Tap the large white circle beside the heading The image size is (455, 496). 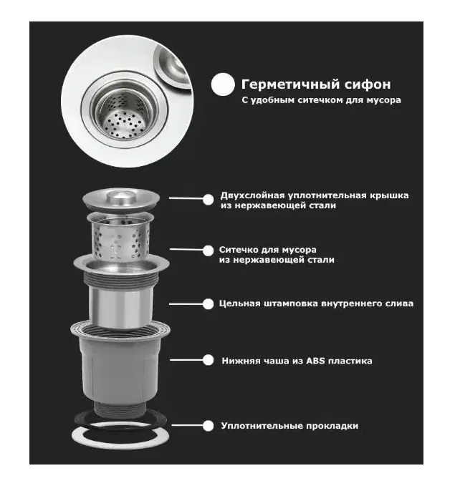(223, 84)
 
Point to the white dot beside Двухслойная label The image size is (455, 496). (208, 200)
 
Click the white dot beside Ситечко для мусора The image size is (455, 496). (208, 251)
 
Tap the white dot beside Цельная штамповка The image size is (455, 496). (208, 304)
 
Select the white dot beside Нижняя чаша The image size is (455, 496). (208, 360)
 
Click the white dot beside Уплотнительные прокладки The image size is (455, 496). (208, 425)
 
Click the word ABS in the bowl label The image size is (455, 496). (316, 361)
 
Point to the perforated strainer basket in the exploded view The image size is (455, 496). (120, 237)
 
